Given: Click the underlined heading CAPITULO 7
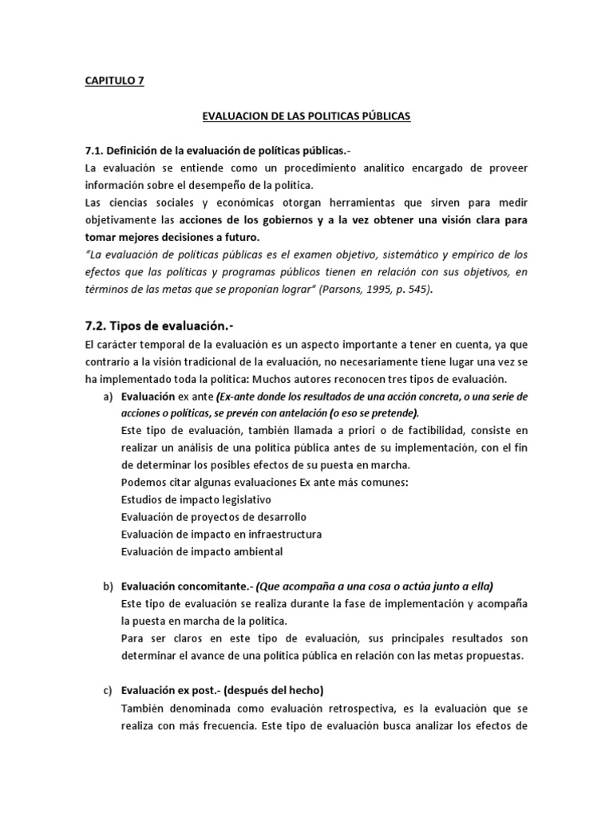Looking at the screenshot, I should coord(114,81).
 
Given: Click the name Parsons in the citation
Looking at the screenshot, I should coord(342,290).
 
